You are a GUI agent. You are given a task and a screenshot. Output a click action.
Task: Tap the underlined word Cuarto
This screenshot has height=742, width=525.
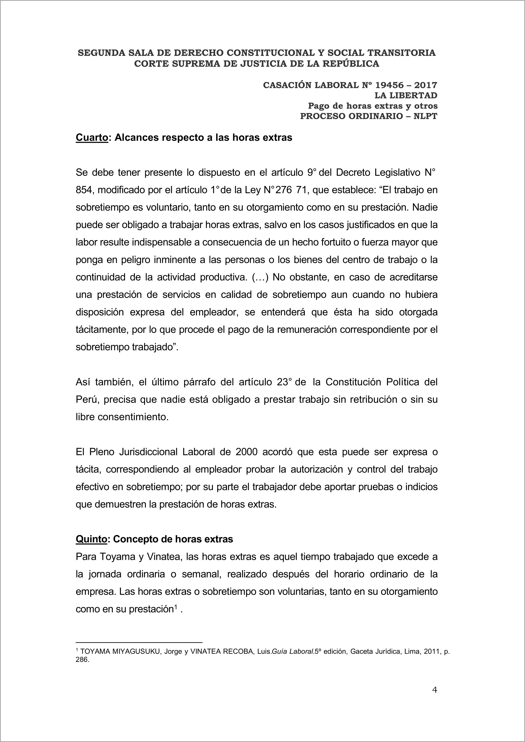92,138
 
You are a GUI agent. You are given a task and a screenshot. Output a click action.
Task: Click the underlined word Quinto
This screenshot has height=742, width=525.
91,539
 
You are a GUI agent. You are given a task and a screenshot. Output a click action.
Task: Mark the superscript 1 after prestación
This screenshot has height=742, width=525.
176,608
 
